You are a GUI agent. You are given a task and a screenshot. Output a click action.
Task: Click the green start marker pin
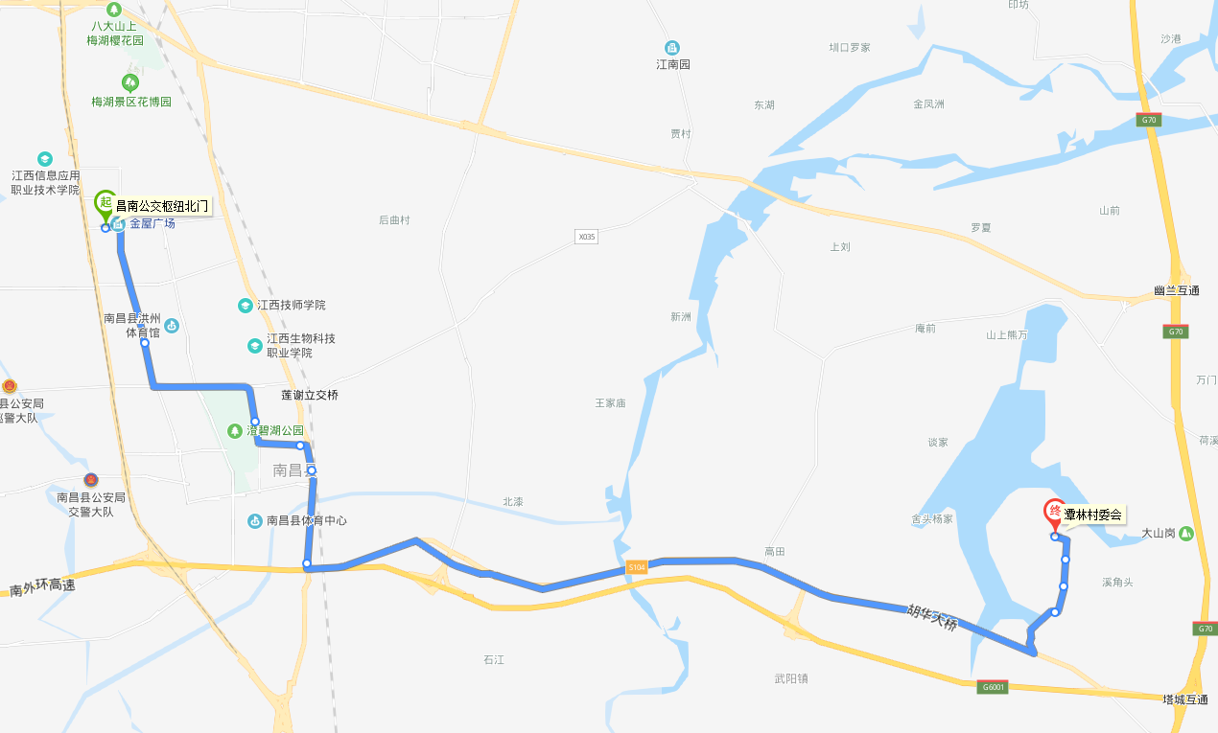[105, 203]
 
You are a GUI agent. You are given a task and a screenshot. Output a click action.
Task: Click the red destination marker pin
[1054, 513]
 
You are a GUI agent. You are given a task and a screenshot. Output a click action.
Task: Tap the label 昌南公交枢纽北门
[161, 206]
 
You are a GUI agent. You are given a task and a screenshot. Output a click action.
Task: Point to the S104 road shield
[637, 568]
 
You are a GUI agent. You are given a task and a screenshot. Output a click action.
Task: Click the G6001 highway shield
[993, 687]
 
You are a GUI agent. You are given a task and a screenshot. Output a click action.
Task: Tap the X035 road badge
[586, 236]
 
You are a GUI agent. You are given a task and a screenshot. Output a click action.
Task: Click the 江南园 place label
[672, 64]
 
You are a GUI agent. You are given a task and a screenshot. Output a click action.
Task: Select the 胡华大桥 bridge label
[932, 617]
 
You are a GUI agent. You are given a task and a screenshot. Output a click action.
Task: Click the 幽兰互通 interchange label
[1177, 290]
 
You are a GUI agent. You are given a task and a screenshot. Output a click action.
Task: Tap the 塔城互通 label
[1184, 699]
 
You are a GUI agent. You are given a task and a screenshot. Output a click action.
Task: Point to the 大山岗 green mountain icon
[1186, 533]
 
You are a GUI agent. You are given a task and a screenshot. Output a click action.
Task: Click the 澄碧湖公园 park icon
[235, 431]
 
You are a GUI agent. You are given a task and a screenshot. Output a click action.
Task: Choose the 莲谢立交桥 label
[309, 395]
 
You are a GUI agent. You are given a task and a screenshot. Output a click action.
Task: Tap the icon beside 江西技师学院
[246, 306]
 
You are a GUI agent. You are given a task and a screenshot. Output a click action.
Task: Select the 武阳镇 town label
[791, 678]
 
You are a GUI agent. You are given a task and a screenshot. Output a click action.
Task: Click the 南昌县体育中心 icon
[255, 521]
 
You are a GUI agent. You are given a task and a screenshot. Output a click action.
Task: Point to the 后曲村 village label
[394, 220]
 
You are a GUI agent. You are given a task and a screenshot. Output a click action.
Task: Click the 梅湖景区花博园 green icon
[130, 83]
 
